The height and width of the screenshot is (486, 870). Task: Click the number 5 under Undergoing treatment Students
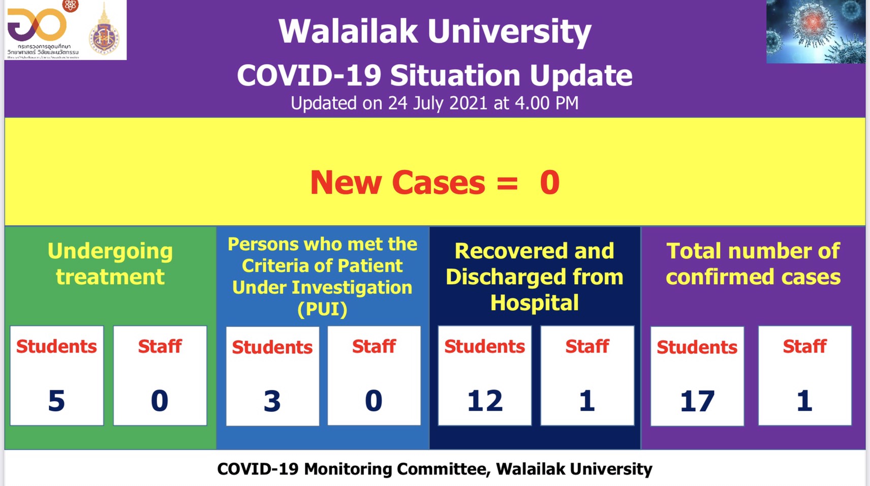click(56, 401)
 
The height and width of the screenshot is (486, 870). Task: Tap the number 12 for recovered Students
click(485, 401)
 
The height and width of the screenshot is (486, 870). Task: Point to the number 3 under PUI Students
click(272, 401)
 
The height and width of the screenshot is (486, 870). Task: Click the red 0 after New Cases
click(549, 183)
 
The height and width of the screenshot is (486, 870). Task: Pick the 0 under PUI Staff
click(374, 401)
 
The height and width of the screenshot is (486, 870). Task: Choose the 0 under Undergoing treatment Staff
click(160, 401)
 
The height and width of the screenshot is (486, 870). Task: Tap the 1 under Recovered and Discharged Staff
click(587, 401)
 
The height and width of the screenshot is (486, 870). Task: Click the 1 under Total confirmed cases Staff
click(804, 401)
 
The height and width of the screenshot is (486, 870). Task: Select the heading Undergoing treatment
click(110, 264)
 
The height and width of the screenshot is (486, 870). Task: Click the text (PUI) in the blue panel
click(322, 309)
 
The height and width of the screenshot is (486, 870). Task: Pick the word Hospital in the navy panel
click(534, 303)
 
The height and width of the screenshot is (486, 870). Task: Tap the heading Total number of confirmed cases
click(753, 264)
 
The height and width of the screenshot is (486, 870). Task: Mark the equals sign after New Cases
click(507, 184)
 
